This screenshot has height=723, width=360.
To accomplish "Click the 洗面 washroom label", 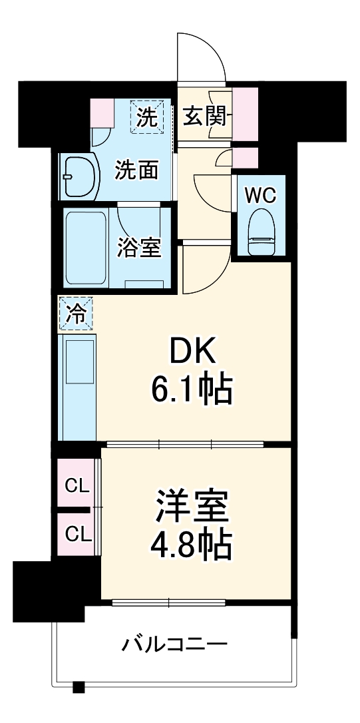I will pyautogui.click(x=136, y=170).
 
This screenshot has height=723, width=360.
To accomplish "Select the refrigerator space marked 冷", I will pyautogui.click(x=77, y=314).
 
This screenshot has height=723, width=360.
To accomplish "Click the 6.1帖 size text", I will pyautogui.click(x=192, y=391).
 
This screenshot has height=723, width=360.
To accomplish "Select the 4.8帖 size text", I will pyautogui.click(x=192, y=547).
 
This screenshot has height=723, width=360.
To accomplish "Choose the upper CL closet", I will pyautogui.click(x=76, y=485).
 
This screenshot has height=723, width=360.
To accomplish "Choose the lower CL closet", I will pyautogui.click(x=76, y=533).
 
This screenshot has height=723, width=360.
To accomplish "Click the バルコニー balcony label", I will pyautogui.click(x=174, y=644).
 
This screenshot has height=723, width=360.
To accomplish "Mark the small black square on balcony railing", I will pyautogui.click(x=79, y=686).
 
